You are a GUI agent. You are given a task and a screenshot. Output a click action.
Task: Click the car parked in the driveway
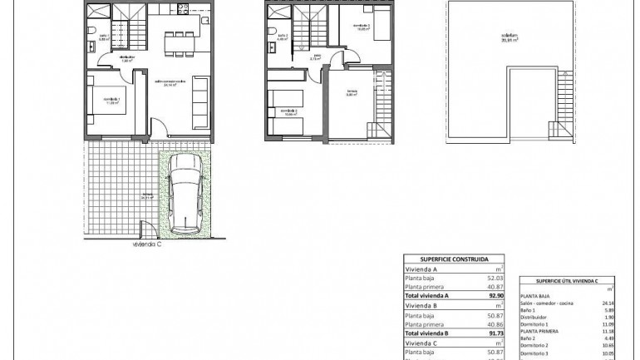pyautogui.click(x=183, y=196)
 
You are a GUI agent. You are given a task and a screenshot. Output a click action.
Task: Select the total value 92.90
pyautogui.click(x=495, y=295)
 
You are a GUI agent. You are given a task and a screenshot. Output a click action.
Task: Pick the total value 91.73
pyautogui.click(x=495, y=333)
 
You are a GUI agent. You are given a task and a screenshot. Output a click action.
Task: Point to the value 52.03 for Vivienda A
pyautogui.click(x=496, y=277)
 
